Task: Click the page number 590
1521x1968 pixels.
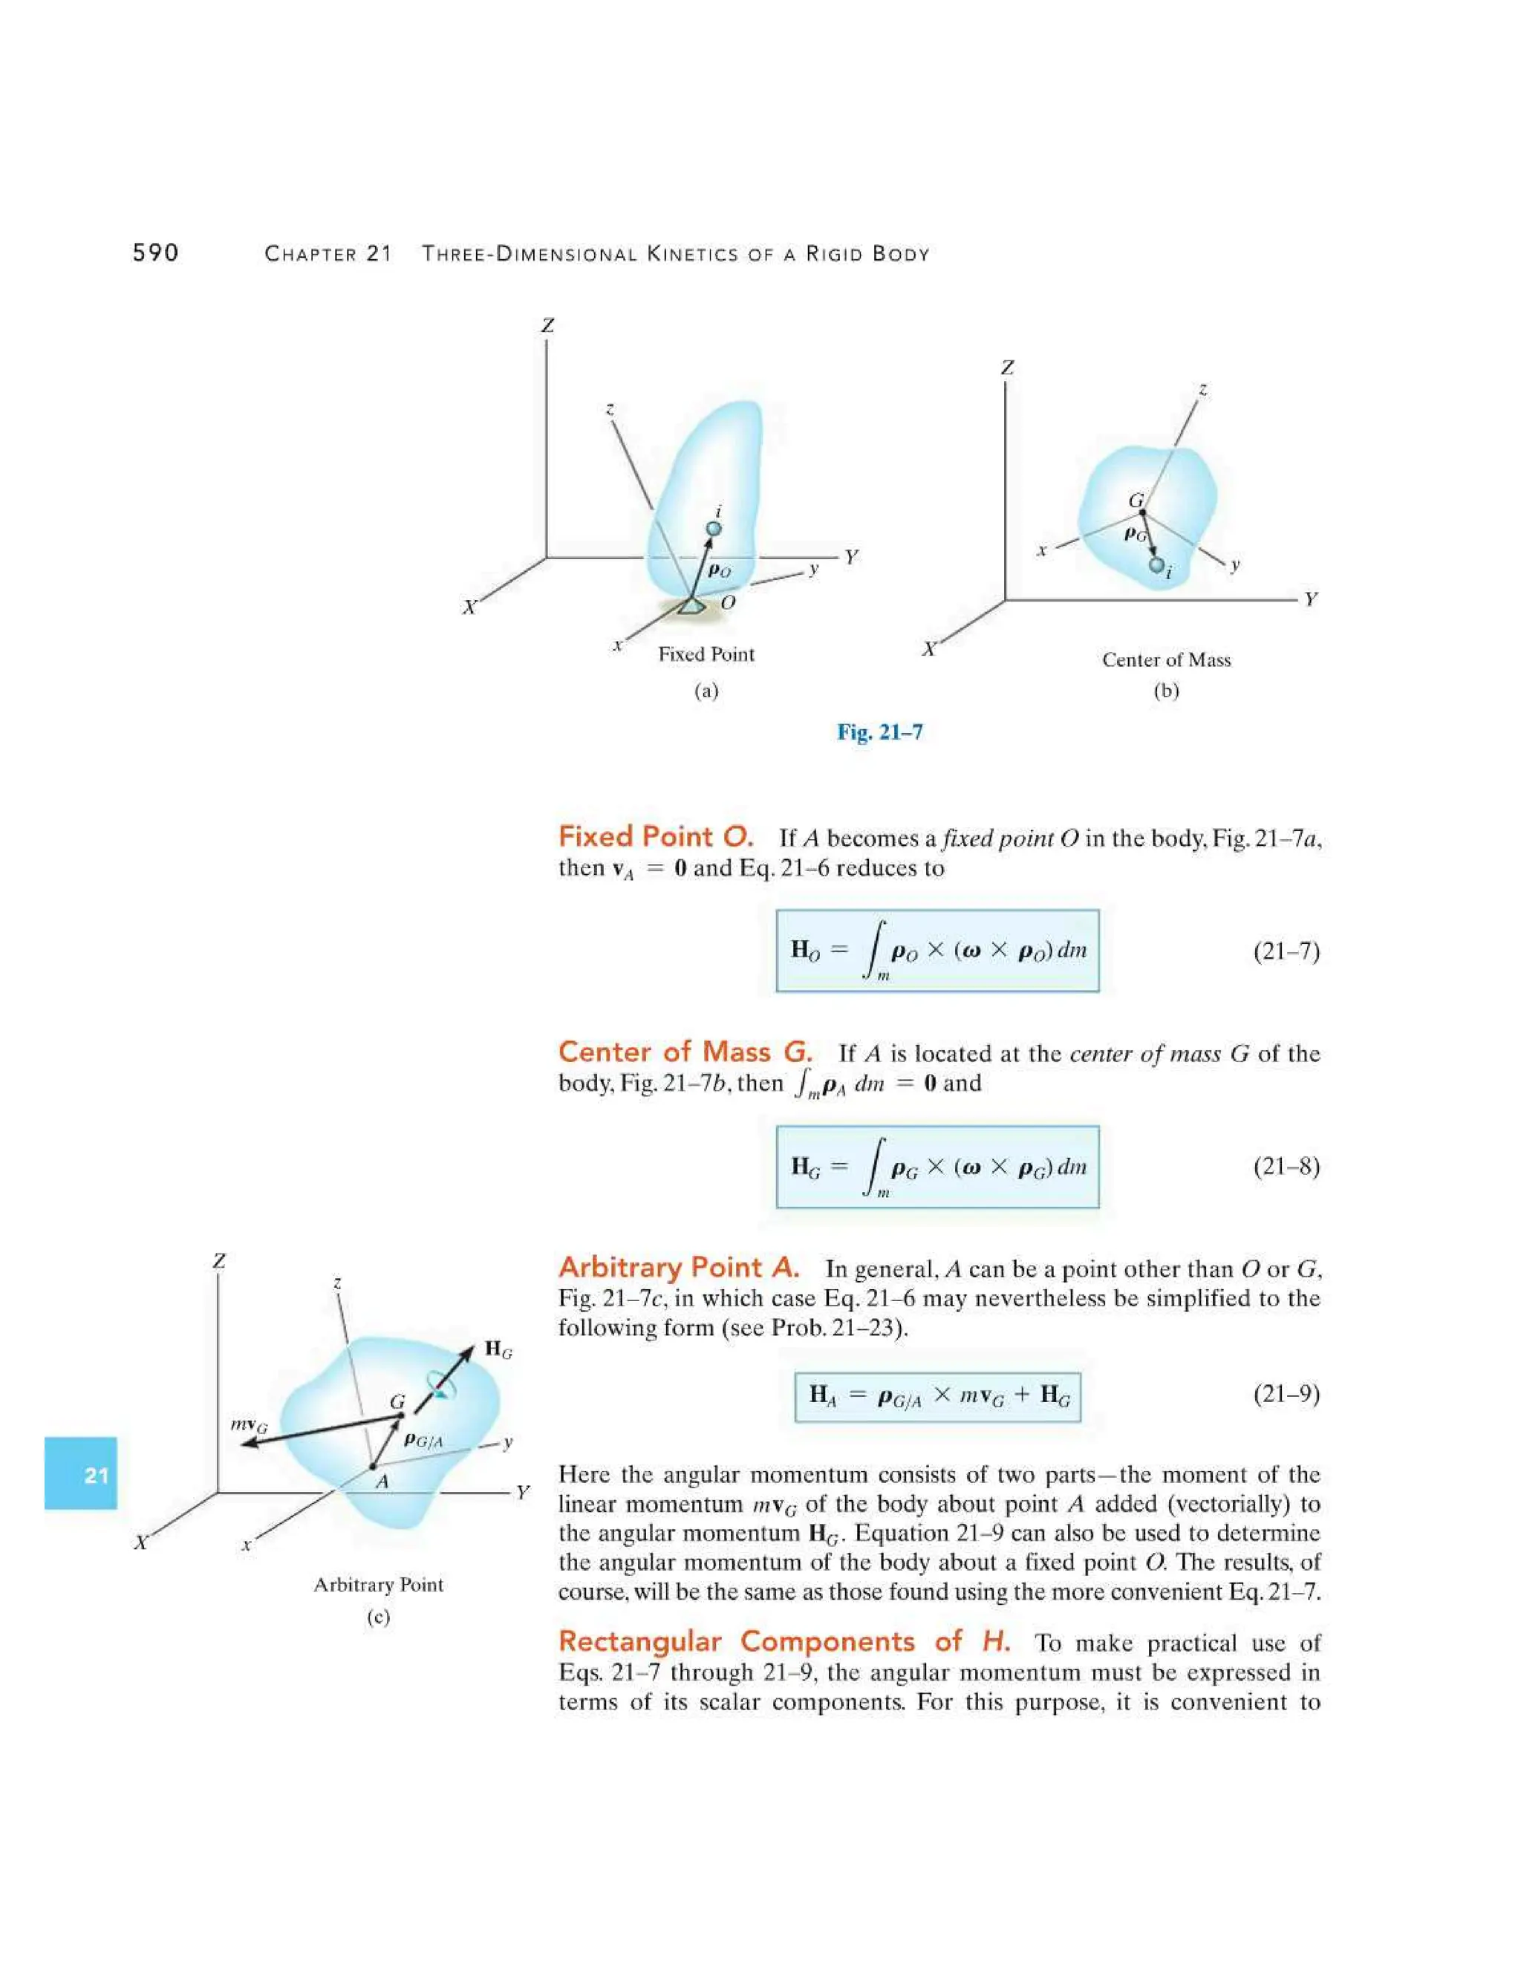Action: (155, 253)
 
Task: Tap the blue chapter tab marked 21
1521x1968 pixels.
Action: (81, 1475)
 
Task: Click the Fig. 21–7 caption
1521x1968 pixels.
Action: (879, 732)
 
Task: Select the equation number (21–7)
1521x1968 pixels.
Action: (1286, 951)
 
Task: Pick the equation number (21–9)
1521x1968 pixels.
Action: (1286, 1395)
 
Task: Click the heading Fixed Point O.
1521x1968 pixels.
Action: (655, 836)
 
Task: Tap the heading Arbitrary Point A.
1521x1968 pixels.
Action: (679, 1267)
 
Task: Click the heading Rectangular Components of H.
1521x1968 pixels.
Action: (784, 1641)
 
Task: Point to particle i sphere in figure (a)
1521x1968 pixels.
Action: (714, 529)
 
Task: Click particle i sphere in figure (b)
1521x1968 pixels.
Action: (1156, 565)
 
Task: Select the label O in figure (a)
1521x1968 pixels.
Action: (728, 602)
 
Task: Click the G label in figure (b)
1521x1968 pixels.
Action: (1136, 500)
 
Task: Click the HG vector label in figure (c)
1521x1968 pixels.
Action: (498, 1349)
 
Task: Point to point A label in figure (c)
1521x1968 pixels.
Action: (381, 1482)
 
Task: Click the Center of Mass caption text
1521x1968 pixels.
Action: (1166, 659)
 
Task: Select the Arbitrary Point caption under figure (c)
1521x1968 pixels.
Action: (379, 1585)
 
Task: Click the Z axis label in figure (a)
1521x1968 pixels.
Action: (547, 325)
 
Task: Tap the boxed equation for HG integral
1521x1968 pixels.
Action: (937, 1167)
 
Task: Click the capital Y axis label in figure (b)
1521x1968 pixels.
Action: (1310, 599)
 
